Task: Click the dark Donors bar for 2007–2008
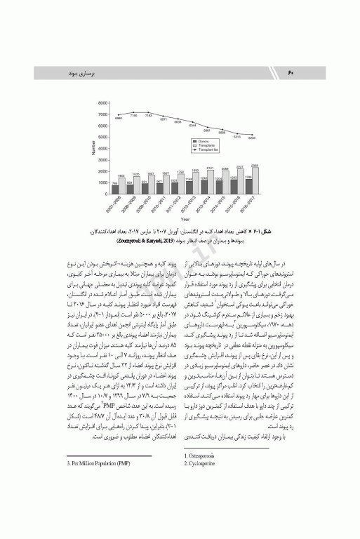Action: [x=115, y=188]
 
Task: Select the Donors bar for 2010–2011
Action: [x=159, y=187]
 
